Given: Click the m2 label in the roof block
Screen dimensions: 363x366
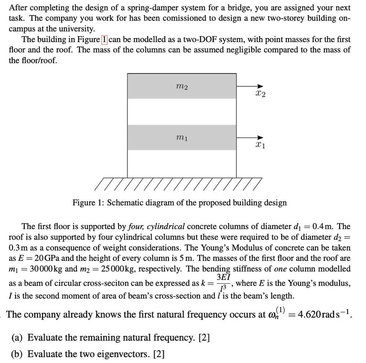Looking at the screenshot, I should pos(182,87).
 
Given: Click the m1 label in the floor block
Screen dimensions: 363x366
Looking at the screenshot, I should pos(182,138).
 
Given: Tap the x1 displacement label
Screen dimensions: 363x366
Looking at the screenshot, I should pos(260,145).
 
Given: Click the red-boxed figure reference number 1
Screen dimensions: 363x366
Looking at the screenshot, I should pos(104,40).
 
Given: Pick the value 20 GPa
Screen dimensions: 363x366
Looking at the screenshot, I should pos(41,258).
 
